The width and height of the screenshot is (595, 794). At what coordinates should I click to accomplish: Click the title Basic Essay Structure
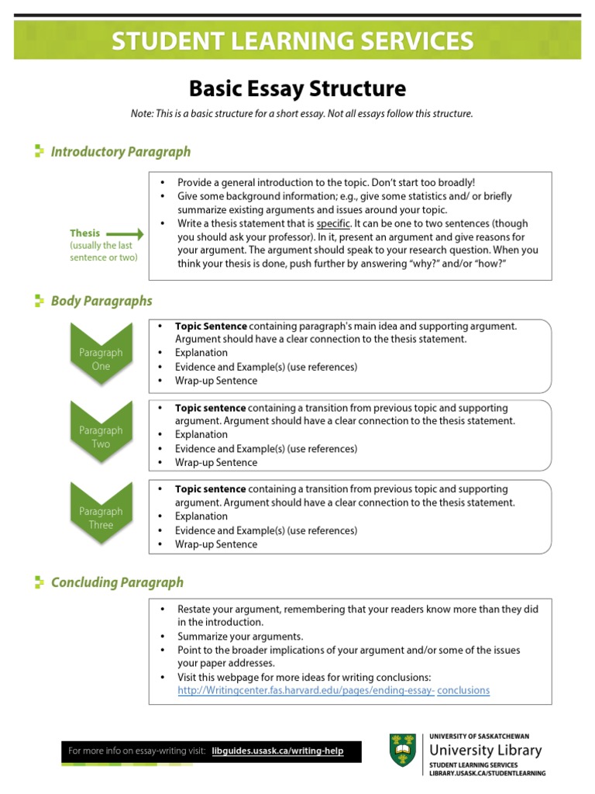(297, 88)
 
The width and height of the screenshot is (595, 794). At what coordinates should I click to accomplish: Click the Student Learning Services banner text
(292, 41)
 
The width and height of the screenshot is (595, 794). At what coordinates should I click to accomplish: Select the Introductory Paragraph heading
(120, 152)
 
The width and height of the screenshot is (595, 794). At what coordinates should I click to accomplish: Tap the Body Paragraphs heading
(101, 301)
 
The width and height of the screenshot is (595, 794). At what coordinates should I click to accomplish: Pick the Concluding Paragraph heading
(117, 582)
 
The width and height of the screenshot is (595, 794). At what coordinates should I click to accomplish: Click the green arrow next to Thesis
(125, 233)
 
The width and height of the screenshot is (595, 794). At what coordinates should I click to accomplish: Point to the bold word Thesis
(84, 233)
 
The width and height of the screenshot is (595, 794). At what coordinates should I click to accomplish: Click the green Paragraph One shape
(101, 357)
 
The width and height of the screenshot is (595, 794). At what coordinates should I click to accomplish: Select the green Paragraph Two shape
(101, 436)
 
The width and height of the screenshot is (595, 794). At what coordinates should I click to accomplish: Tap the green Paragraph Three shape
(101, 516)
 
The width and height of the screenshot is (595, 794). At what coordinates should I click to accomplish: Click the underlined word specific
(333, 223)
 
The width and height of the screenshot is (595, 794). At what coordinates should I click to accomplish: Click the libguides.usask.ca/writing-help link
(277, 751)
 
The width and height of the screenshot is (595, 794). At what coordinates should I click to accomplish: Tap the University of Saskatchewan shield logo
(404, 751)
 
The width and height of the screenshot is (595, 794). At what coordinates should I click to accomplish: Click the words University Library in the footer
(485, 751)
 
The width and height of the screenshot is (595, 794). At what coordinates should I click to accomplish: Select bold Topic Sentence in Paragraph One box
(211, 326)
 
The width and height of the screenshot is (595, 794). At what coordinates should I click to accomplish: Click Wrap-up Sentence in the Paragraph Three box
(215, 544)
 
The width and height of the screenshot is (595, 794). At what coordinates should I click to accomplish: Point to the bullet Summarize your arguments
(230, 637)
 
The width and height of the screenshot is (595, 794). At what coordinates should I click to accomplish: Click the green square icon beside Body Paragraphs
(40, 301)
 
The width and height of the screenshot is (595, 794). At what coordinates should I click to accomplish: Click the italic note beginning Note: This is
(301, 114)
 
